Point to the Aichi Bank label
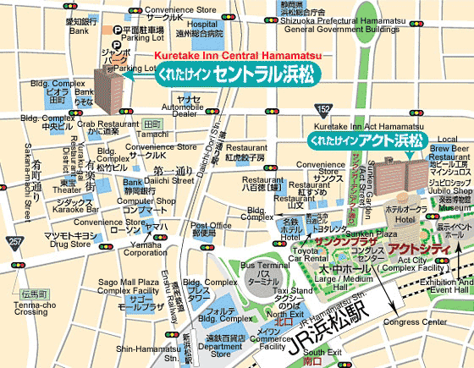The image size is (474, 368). point(79,25)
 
